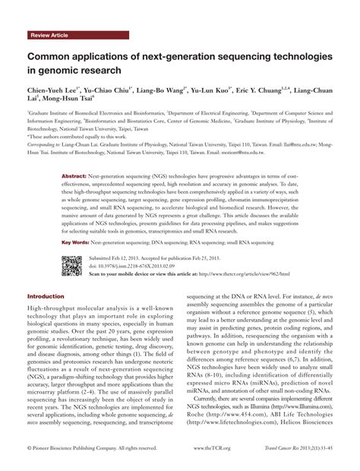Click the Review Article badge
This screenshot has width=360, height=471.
(49, 36)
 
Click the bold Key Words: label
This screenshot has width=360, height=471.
(75, 242)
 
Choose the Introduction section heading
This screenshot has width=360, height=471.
(46, 296)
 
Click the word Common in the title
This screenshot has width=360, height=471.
(50, 57)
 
